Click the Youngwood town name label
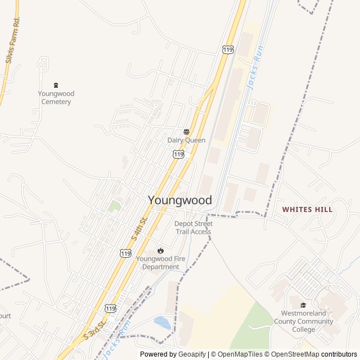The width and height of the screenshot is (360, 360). pyautogui.click(x=180, y=200)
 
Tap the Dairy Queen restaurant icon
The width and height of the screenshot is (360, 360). pyautogui.click(x=186, y=132)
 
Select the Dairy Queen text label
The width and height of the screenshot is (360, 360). pyautogui.click(x=186, y=140)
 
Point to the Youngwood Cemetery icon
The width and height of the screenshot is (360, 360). pyautogui.click(x=56, y=85)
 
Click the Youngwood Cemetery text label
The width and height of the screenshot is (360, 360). pyautogui.click(x=56, y=98)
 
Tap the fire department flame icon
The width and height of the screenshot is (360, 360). pyautogui.click(x=160, y=250)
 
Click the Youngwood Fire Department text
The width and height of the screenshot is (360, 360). pyautogui.click(x=160, y=263)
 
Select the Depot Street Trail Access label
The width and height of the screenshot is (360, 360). pyautogui.click(x=193, y=228)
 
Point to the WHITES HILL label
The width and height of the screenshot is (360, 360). pyautogui.click(x=307, y=209)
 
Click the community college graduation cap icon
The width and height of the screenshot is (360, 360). pyautogui.click(x=303, y=305)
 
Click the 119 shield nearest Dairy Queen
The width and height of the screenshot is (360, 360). pyautogui.click(x=178, y=154)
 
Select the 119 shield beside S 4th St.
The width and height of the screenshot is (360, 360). pyautogui.click(x=125, y=254)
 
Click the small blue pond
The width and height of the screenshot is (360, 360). pyautogui.click(x=162, y=323)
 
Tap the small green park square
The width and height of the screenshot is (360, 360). pyautogui.click(x=115, y=206)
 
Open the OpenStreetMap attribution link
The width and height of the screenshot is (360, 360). pyautogui.click(x=292, y=354)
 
